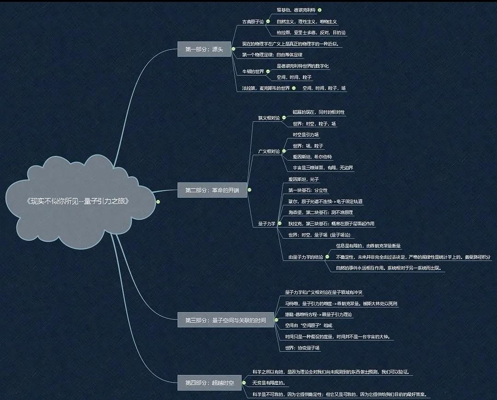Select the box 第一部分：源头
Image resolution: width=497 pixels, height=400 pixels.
pos(204,49)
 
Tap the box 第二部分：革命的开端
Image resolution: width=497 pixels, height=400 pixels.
pos(212,190)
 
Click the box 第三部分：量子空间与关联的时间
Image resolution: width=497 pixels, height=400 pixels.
pos(225,320)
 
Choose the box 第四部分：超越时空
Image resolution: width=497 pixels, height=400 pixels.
pos(209,383)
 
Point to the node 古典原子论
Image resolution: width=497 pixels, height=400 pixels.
pos(253,22)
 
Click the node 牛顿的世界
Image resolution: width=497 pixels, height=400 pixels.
pos(253,72)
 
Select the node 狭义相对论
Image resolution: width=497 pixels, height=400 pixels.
pos(269,118)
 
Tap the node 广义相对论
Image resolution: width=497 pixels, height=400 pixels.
pos(269,151)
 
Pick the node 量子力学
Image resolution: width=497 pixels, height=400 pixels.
pos(266,224)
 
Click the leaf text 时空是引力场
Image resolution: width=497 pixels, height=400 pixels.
pos(306,135)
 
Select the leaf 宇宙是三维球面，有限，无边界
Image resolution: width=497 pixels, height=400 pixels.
pos(323,168)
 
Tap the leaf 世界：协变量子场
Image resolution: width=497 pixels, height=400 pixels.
pos(302,348)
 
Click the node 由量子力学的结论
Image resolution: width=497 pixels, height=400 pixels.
pos(306,257)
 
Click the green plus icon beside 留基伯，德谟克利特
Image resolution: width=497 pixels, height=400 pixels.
pos(320,10)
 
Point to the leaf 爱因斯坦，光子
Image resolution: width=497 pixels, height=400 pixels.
pos(303,179)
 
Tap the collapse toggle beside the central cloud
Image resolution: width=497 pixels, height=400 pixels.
pos(158,201)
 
